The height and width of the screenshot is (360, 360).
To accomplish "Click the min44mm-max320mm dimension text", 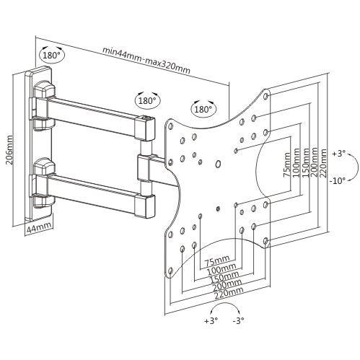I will [x=146, y=51].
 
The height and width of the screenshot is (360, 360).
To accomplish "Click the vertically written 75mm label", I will [x=286, y=167].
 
